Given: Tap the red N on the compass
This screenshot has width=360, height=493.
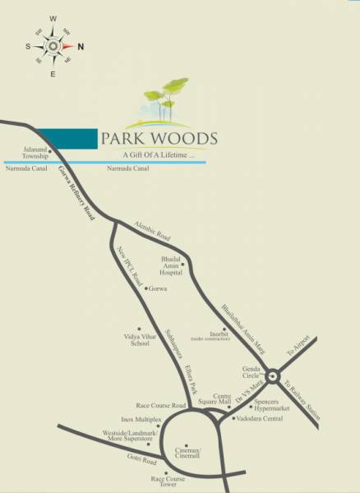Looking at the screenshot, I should coord(80,46).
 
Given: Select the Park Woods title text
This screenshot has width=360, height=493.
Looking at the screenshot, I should coord(159,137).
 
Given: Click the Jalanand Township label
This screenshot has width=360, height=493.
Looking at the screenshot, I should coord(35,154).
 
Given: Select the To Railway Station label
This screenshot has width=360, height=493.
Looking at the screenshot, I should coord(299,399).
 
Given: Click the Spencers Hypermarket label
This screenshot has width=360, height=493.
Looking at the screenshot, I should coord(270,408).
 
